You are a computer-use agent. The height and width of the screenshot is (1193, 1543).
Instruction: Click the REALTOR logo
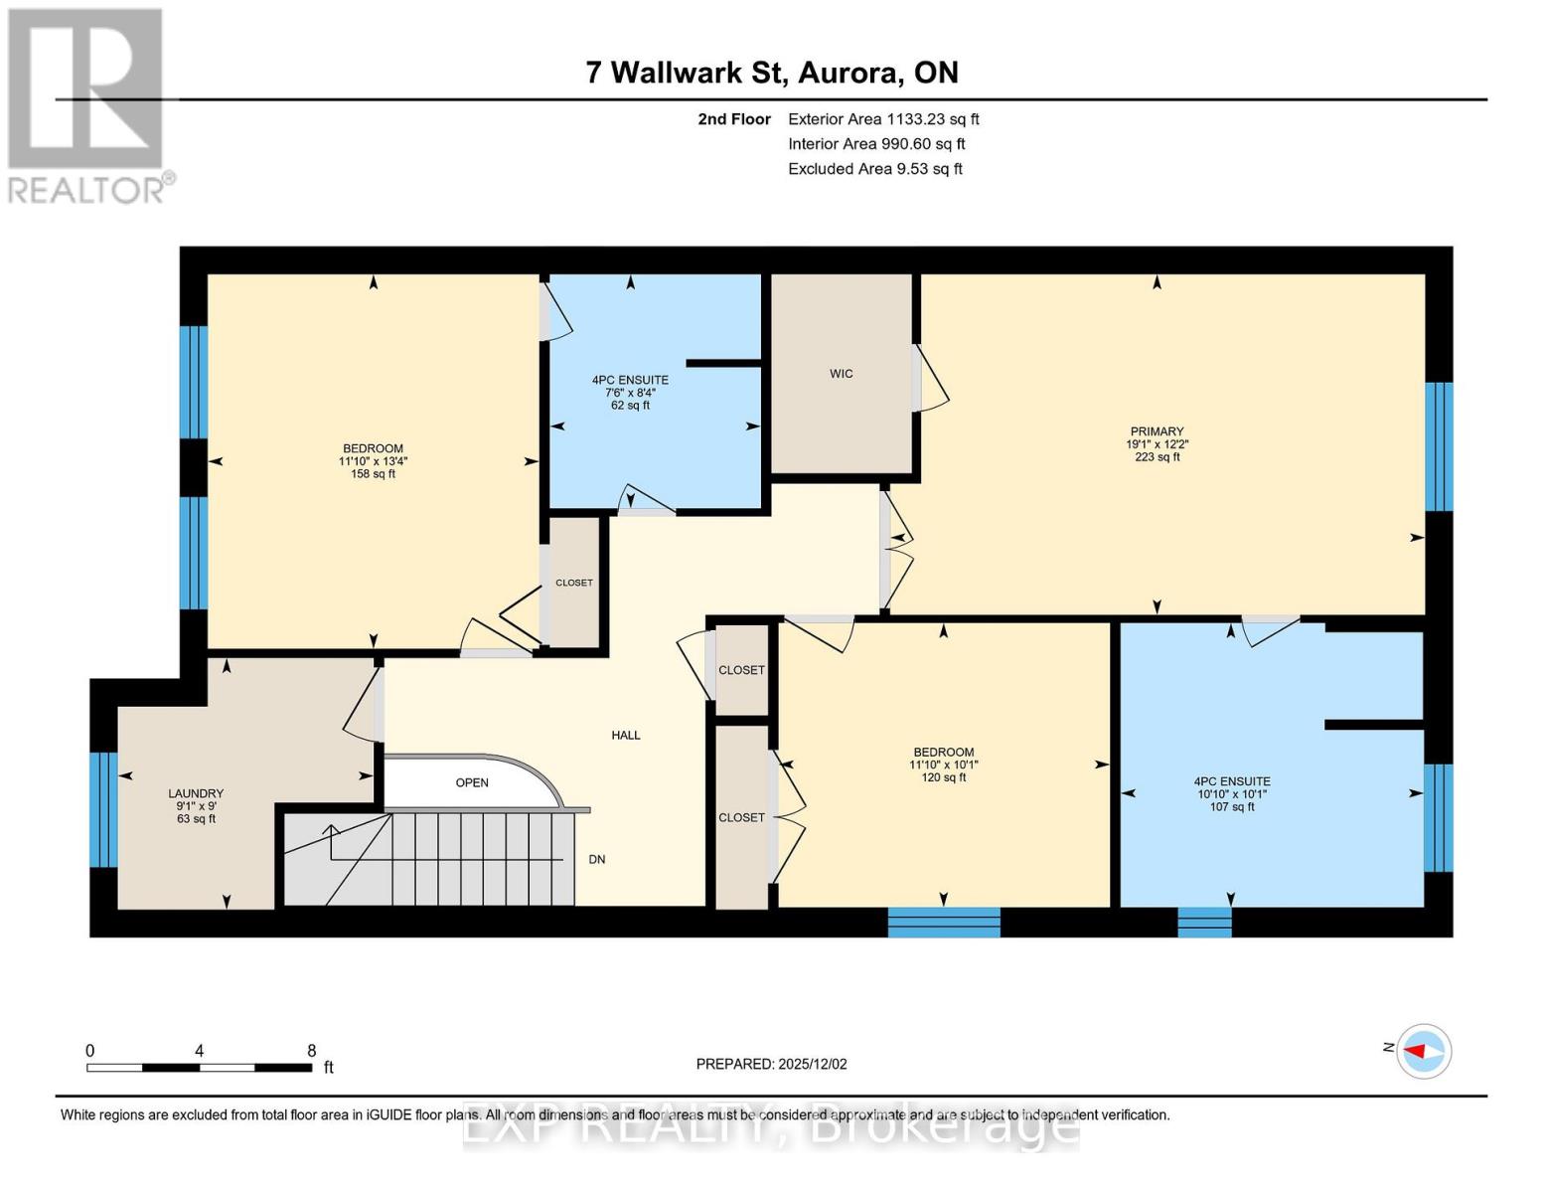[87, 105]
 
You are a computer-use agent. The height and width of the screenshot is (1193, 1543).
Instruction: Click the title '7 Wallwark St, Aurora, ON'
[772, 73]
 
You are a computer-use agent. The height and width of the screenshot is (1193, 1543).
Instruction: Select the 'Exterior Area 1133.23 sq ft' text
[883, 119]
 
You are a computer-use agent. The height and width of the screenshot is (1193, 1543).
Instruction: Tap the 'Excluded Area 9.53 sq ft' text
[874, 169]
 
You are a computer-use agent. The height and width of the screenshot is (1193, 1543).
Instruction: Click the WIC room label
[841, 374]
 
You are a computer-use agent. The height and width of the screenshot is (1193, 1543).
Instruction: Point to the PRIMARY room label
[1157, 431]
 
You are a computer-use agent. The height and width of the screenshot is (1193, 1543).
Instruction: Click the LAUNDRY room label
[196, 793]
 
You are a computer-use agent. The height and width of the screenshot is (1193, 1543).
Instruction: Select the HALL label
[626, 735]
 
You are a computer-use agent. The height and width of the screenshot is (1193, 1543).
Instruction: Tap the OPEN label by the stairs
[472, 782]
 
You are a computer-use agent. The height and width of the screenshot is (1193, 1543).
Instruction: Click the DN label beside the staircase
[597, 860]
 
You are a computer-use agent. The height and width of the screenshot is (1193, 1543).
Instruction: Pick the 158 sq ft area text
[373, 474]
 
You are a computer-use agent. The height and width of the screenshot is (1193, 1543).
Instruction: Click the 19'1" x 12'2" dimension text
[1157, 444]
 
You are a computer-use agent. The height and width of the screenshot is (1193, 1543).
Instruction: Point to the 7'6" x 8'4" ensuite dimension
[630, 393]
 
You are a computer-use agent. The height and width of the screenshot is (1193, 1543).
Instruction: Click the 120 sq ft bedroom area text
[943, 777]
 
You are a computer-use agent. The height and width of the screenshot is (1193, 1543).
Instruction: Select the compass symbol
[1424, 1051]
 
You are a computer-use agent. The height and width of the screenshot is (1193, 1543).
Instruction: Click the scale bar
[199, 1068]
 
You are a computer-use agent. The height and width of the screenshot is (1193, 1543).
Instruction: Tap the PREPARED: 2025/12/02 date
[771, 1064]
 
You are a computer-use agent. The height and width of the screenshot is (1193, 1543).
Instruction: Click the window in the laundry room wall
[103, 809]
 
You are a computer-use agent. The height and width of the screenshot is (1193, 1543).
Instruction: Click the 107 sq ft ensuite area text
[1232, 806]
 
